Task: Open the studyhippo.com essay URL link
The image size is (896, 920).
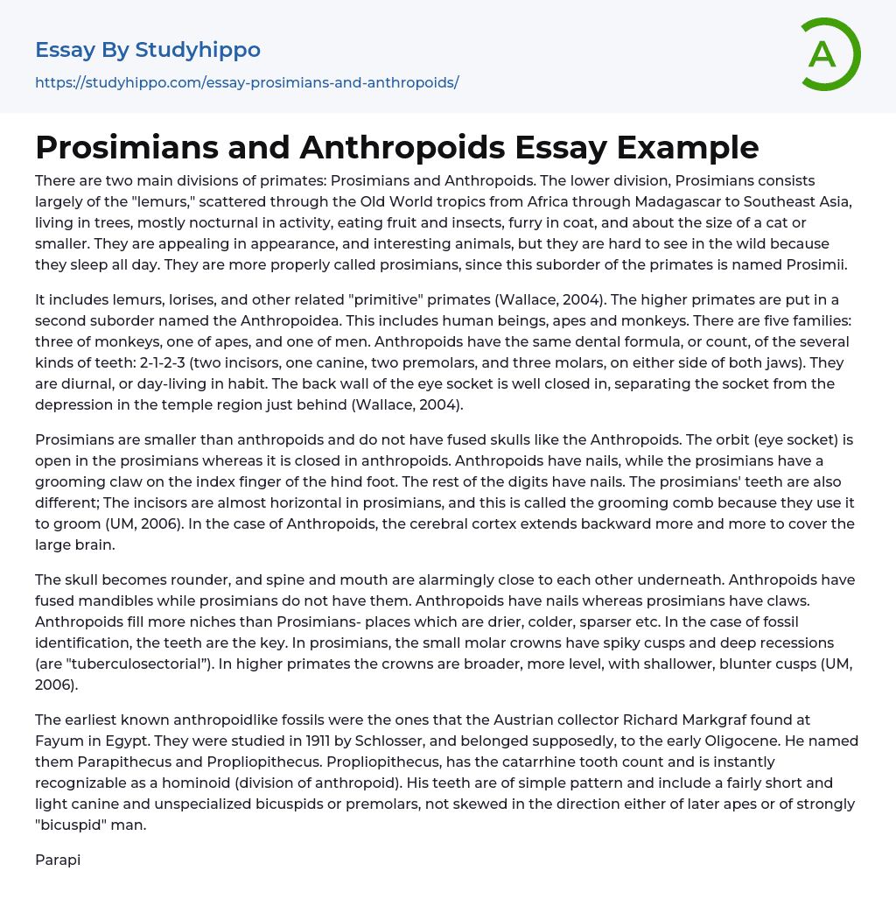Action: click(247, 82)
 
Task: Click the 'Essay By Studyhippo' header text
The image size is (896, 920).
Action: click(148, 50)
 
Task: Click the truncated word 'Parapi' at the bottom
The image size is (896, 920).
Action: click(58, 859)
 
